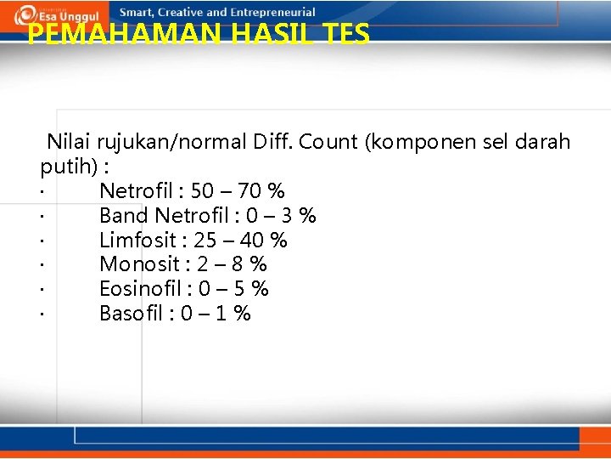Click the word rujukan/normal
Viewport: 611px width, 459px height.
(x=172, y=142)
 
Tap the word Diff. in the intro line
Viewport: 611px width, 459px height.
(x=273, y=142)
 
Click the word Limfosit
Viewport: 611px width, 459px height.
(x=135, y=241)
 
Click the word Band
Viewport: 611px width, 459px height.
(x=125, y=216)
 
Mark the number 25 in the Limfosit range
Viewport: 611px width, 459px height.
(x=205, y=241)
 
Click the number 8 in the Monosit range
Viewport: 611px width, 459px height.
(x=242, y=264)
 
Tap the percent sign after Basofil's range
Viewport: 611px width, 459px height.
(x=243, y=314)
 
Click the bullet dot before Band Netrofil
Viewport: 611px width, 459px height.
(x=41, y=217)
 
